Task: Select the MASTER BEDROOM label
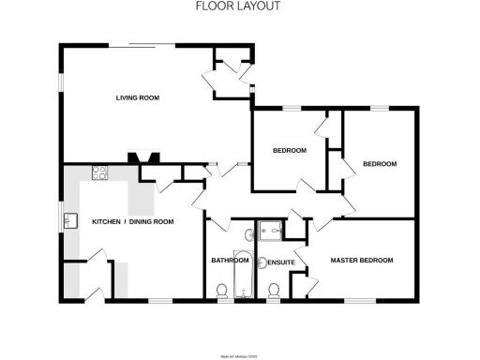point(361,260)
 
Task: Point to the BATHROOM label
point(230,261)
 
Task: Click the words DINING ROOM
point(152,222)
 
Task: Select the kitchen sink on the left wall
point(70,221)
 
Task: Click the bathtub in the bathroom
point(243,273)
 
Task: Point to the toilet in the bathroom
point(222,293)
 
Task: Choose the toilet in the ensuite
point(274,293)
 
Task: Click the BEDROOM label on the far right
point(379,164)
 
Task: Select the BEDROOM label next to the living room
point(290,151)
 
